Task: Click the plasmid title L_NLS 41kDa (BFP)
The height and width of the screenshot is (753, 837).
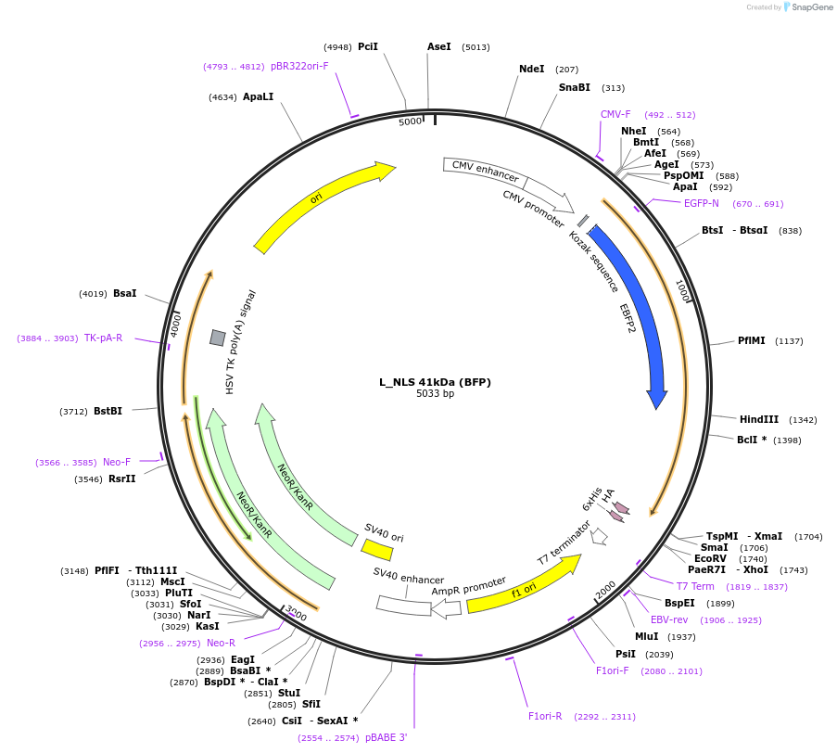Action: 435,381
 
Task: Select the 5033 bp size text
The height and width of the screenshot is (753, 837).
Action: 435,393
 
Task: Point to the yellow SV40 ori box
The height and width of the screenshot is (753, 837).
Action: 377,550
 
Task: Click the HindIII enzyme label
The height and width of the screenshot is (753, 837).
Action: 758,419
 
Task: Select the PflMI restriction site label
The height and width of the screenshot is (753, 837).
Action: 751,340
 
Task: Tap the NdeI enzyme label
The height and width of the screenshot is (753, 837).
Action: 531,69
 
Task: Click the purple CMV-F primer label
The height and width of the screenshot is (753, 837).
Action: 615,115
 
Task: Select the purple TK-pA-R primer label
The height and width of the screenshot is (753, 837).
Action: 103,338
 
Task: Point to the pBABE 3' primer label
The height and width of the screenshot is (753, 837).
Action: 386,737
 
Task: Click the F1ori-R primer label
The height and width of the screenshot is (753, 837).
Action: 545,716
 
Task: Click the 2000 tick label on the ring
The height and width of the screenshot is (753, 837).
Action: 604,590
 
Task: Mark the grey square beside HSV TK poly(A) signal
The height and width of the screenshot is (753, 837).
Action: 217,338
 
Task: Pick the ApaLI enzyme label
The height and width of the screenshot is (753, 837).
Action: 259,96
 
